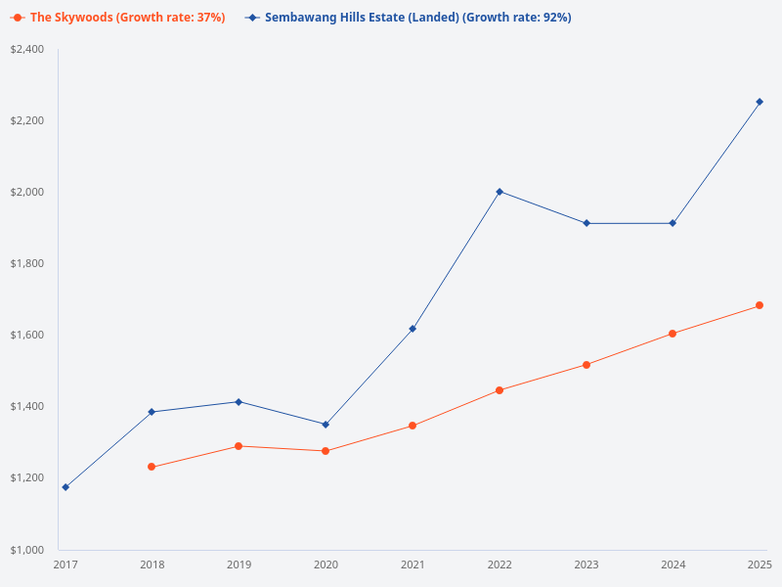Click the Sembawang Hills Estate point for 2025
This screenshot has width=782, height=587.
point(760,102)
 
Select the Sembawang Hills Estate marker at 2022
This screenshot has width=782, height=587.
point(500,192)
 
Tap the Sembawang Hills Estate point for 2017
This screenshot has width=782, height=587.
point(65,487)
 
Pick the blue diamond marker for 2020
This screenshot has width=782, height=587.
point(326,425)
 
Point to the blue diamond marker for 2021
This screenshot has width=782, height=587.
point(413,329)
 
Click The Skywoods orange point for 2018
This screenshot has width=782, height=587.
point(152,467)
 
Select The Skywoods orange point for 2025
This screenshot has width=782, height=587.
point(760,305)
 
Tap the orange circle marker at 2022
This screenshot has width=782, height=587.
point(500,390)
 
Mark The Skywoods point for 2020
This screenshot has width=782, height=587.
point(326,451)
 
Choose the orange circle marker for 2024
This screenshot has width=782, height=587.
point(673,334)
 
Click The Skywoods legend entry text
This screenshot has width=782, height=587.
point(127,18)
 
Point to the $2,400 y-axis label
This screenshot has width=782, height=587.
point(27,49)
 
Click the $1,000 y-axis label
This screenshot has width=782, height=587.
point(27,549)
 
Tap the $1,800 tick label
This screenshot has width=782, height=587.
point(27,263)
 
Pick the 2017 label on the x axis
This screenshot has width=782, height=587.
point(65,564)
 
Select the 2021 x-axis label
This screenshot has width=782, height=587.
point(413,564)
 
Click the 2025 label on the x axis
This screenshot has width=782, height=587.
point(760,564)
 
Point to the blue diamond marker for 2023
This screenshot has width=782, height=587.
point(586,223)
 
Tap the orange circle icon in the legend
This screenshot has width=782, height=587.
point(18,18)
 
